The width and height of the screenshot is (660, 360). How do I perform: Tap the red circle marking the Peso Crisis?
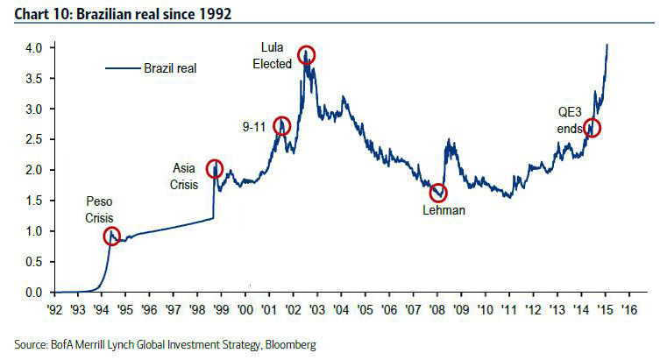point(111,236)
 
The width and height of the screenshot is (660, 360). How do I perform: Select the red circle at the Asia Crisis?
point(214,169)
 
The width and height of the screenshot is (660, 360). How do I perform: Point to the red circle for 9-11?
point(282,125)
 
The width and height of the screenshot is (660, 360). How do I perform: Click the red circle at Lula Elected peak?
point(306,54)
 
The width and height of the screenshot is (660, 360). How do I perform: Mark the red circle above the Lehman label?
point(438,192)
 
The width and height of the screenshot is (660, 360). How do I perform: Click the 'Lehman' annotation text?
point(443,211)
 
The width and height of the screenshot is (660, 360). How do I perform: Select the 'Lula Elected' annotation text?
point(272,54)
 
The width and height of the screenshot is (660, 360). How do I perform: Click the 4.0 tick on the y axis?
point(34,48)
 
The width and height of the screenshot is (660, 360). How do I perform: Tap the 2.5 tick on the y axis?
point(34,139)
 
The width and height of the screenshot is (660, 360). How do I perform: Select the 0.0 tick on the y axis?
point(34,292)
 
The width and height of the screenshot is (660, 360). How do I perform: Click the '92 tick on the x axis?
point(53,309)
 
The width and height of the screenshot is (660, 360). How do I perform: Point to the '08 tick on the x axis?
point(436,309)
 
